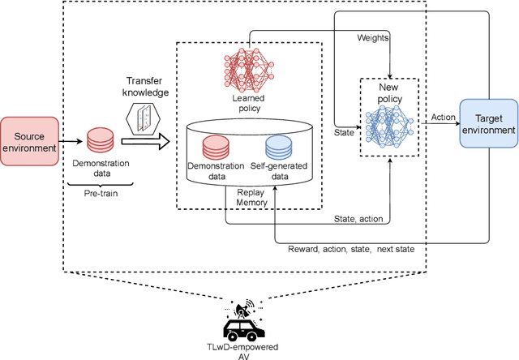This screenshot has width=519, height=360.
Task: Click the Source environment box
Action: click(x=29, y=142)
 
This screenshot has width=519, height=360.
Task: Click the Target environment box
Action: click(x=487, y=123)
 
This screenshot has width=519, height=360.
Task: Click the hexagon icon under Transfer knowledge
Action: click(x=144, y=118)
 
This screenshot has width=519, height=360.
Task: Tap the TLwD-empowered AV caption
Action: click(x=242, y=350)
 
